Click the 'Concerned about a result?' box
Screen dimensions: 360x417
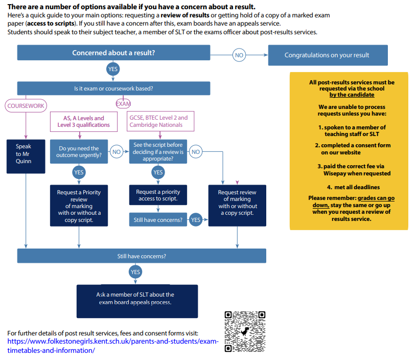tap(113, 53)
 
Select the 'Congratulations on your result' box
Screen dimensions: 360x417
tap(327, 55)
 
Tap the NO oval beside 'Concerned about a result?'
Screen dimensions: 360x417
tap(239, 55)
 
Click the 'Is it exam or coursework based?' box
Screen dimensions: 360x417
tap(113, 88)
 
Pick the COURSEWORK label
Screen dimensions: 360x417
tap(26, 106)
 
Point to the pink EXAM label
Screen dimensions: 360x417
tap(123, 104)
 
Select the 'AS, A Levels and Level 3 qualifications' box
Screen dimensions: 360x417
tap(83, 121)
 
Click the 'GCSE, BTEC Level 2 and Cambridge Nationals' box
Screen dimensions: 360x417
tap(158, 121)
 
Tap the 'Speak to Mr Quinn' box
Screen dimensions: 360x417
tap(24, 153)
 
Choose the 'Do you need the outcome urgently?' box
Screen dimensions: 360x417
tap(79, 152)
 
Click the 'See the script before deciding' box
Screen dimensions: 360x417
tap(158, 152)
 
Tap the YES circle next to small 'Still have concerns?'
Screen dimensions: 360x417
tap(195, 220)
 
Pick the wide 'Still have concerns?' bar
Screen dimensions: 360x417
tap(142, 256)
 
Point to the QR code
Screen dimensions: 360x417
tap(245, 331)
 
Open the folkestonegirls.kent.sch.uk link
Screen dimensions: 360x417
tap(112, 342)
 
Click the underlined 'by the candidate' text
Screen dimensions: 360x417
tap(352, 95)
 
